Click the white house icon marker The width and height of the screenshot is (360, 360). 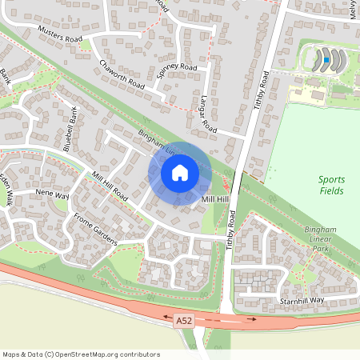point(180,173)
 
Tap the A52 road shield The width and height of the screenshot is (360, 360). point(185,321)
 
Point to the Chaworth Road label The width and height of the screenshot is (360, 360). point(122,74)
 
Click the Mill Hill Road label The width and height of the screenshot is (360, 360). point(110,185)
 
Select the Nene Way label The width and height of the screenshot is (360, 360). point(52,194)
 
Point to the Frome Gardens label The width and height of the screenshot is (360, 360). point(95,228)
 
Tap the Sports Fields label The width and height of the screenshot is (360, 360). point(330,186)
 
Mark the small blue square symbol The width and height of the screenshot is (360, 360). point(326,59)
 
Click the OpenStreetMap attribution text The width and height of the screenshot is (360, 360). point(81,354)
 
